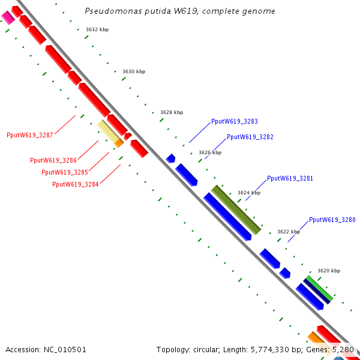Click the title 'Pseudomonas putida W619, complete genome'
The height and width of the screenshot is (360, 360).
180,11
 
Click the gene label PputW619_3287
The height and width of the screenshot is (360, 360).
30,135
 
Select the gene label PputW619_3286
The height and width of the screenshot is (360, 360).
53,160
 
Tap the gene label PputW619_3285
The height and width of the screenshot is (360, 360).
64,172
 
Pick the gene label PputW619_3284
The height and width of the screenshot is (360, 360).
76,184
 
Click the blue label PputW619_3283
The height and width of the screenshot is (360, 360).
235,121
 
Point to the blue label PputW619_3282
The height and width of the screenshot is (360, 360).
250,137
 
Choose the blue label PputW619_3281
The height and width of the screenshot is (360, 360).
290,178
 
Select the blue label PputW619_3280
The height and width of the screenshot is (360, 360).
332,220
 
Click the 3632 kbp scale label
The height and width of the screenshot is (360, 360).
97,29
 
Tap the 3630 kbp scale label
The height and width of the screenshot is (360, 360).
134,71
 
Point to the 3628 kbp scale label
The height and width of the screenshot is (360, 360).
172,112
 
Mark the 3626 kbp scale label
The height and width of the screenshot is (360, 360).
210,152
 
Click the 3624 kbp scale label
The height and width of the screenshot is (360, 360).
249,193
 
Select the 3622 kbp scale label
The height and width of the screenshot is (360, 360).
289,232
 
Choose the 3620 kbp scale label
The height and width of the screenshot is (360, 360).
329,271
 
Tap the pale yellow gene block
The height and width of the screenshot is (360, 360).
108,131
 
